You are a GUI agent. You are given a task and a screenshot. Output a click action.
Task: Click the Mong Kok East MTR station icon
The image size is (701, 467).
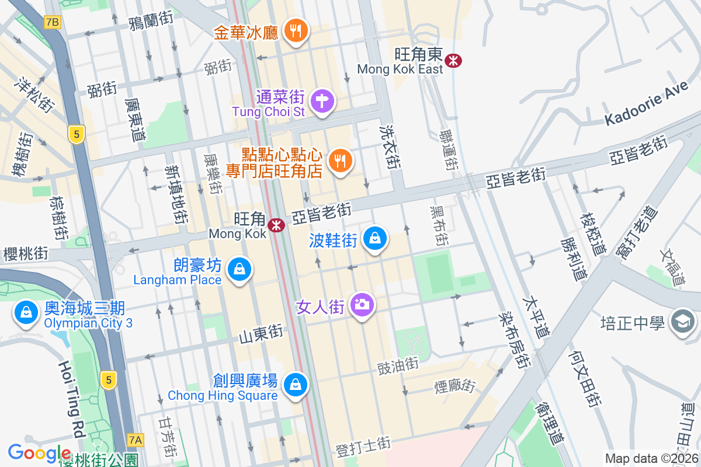coord(452,60)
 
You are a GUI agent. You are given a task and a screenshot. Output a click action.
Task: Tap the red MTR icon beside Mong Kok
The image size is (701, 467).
coord(276,225)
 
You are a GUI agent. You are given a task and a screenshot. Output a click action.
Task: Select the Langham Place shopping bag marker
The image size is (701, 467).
coord(240,270)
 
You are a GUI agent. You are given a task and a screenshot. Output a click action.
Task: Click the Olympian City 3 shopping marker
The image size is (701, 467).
coord(26,312)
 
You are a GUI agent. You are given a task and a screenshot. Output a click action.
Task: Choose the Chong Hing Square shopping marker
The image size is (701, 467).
coord(296,385)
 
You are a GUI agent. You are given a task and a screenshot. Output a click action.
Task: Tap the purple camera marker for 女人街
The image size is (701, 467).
coord(362,304)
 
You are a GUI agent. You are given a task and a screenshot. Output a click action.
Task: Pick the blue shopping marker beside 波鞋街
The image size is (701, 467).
coord(376,238)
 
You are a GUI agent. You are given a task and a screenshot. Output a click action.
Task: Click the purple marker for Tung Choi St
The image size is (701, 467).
coord(322,101)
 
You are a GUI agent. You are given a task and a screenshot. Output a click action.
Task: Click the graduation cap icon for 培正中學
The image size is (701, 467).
coord(682,321)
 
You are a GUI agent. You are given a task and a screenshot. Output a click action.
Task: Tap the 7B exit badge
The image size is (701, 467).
coord(52,22)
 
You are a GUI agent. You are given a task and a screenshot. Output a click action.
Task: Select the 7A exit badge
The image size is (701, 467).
coord(136,439)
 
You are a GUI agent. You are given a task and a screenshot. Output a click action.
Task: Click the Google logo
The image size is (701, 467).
coord(39,452)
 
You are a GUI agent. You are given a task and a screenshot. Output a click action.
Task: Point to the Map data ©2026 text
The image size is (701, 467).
coord(651,459)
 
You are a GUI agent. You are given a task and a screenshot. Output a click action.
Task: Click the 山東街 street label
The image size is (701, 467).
coord(261,334)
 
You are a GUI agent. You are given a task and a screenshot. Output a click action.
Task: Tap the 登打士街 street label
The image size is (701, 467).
coord(363,447)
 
